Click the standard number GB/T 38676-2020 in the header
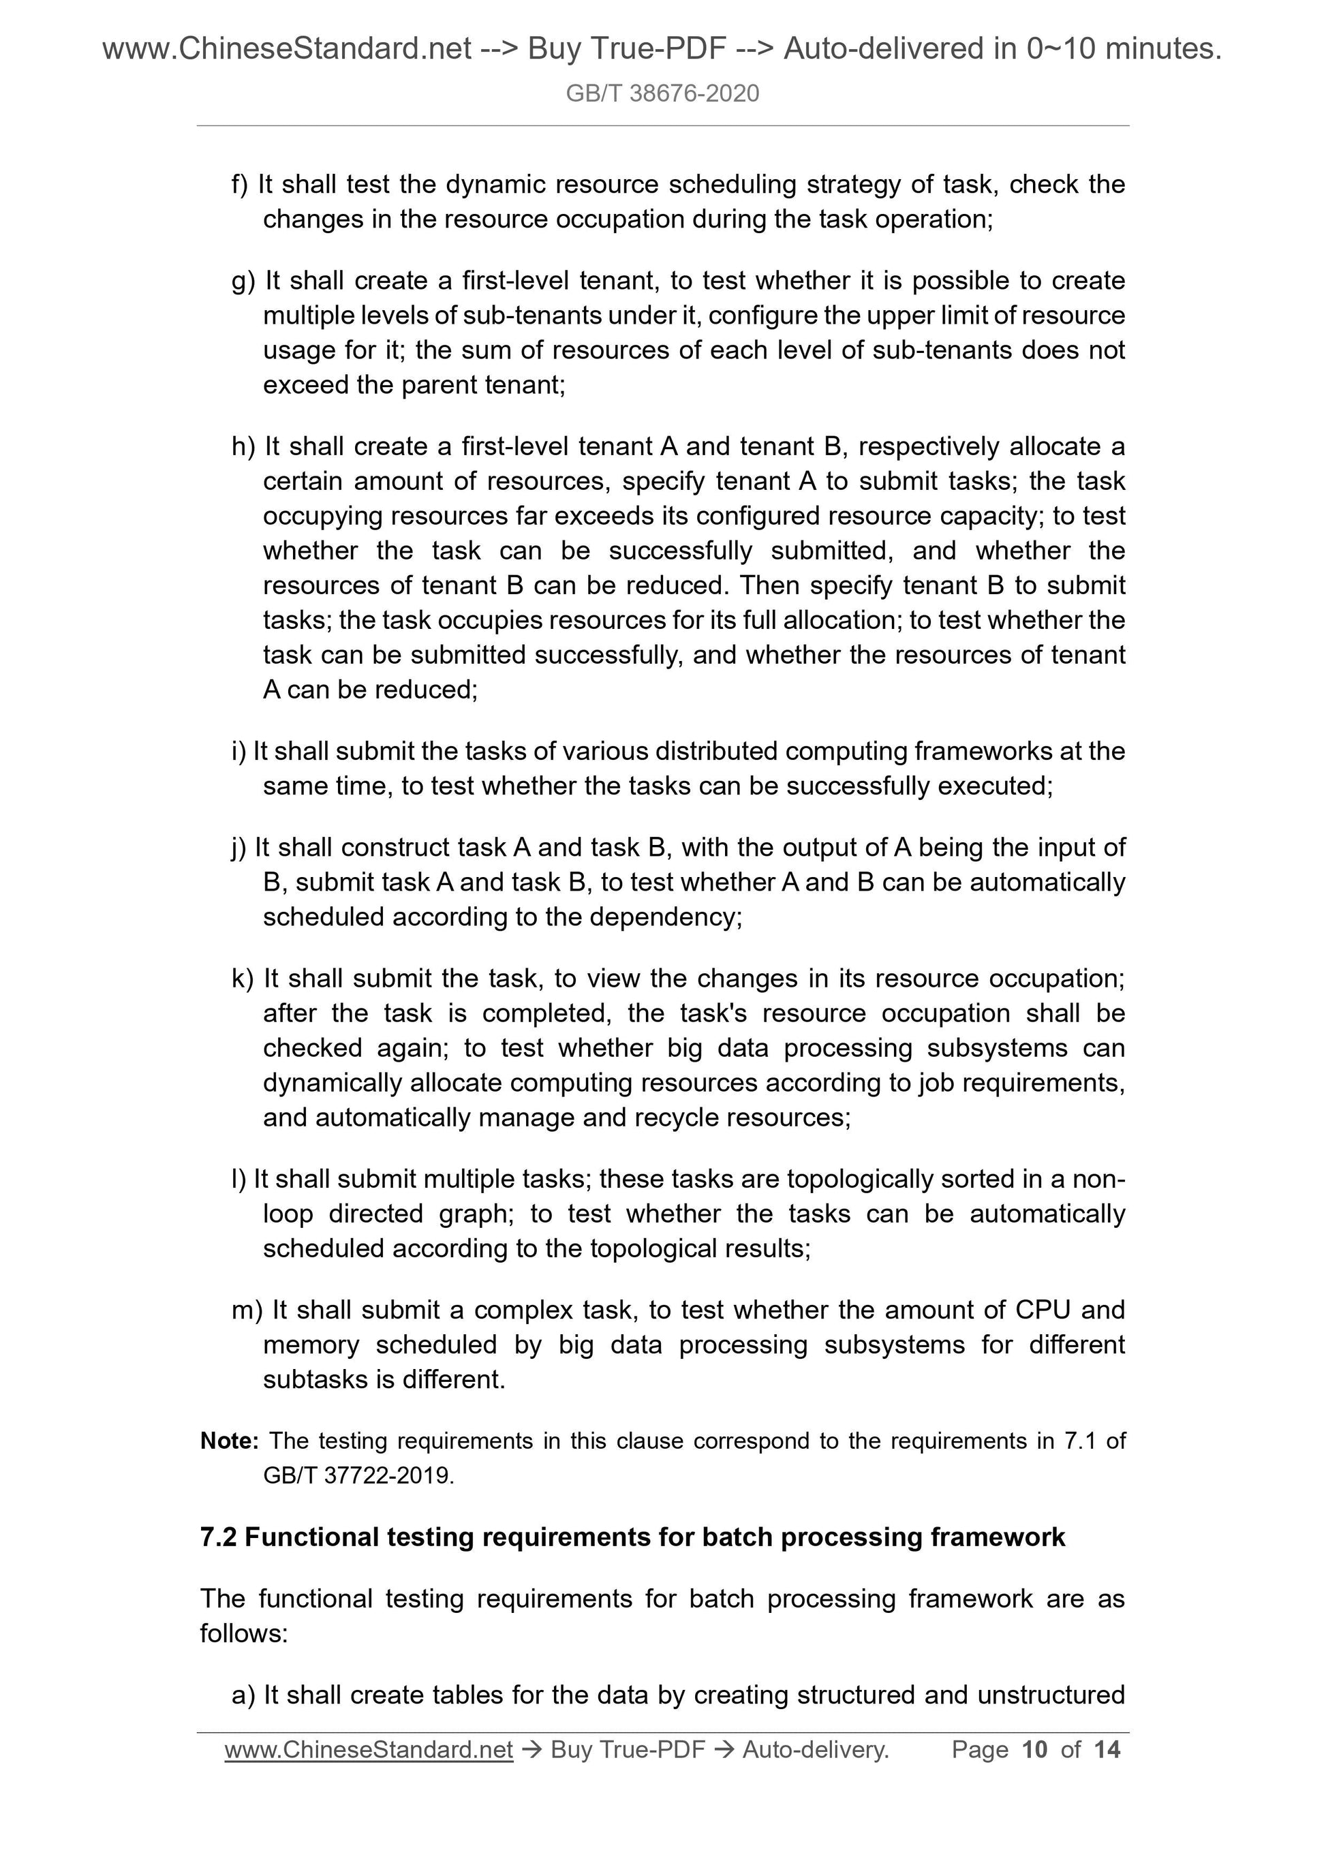coord(662,93)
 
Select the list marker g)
coord(243,281)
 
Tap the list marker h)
coord(243,447)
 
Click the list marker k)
coord(243,979)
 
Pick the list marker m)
coord(247,1310)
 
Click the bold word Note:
coord(230,1441)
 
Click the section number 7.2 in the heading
coord(218,1538)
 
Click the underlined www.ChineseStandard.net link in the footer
coord(369,1749)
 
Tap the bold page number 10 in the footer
coord(1034,1749)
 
